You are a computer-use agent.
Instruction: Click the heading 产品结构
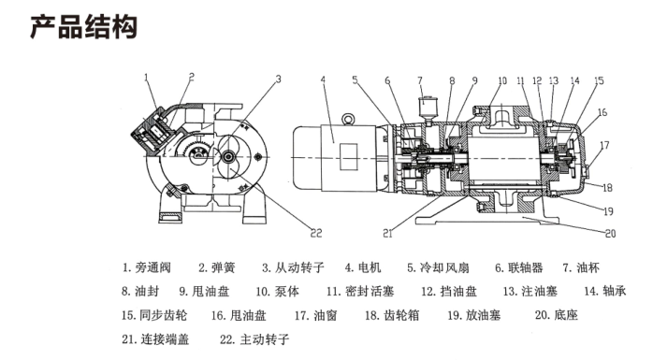click(x=83, y=27)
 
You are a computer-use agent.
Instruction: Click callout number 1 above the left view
click(x=146, y=78)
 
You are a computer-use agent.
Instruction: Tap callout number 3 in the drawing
click(x=279, y=79)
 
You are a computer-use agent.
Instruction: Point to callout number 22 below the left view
click(x=316, y=233)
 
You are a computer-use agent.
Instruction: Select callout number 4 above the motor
click(x=323, y=79)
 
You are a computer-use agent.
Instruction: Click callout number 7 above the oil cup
click(x=420, y=79)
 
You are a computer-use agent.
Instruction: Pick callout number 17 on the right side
click(x=604, y=145)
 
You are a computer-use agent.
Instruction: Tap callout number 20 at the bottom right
click(x=611, y=234)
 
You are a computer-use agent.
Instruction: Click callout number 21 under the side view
click(x=387, y=234)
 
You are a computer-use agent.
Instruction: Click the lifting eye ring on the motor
click(x=348, y=120)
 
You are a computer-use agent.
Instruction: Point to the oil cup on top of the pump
click(x=427, y=109)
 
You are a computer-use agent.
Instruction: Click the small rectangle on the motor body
click(x=349, y=157)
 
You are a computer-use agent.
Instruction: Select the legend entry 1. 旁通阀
click(x=147, y=267)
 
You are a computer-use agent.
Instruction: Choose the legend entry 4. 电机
click(x=363, y=267)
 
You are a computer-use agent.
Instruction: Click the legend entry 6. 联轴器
click(x=519, y=267)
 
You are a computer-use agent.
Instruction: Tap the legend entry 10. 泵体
click(x=277, y=292)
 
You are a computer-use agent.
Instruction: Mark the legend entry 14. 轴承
click(x=605, y=292)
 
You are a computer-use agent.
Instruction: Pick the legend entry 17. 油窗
click(x=315, y=315)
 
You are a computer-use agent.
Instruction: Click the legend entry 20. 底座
click(x=557, y=315)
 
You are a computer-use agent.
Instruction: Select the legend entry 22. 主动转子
click(x=254, y=339)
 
